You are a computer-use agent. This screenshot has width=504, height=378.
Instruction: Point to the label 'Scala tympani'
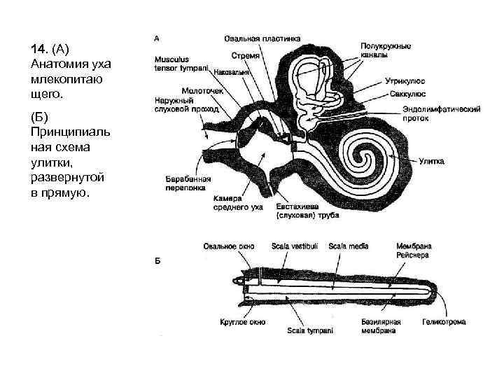[x=310, y=330]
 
